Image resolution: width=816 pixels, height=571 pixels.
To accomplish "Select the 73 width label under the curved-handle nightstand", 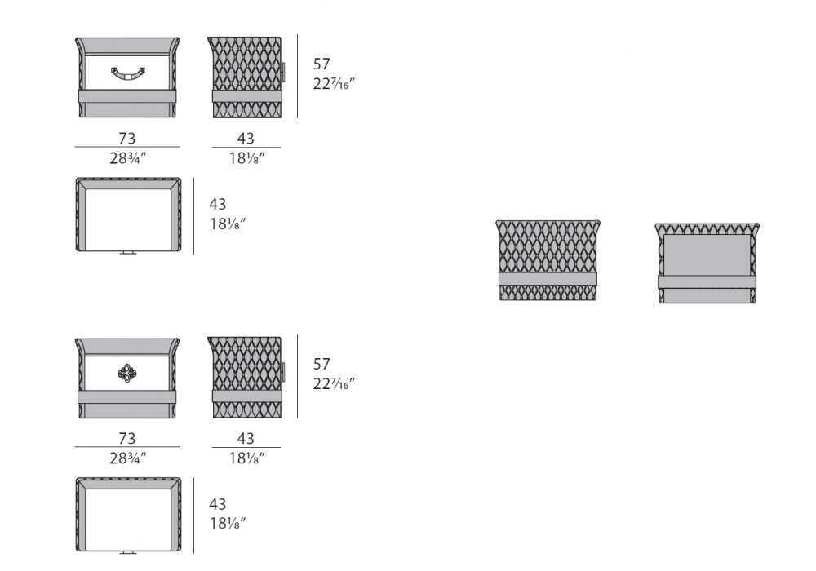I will pyautogui.click(x=126, y=139).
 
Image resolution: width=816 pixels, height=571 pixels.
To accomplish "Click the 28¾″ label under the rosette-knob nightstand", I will pyautogui.click(x=126, y=458).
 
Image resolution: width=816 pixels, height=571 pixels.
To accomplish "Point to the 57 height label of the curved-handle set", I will pyautogui.click(x=322, y=64).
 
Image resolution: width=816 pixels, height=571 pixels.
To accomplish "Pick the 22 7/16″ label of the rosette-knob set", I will pyautogui.click(x=334, y=383).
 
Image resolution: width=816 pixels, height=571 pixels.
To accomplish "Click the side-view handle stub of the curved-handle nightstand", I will pyautogui.click(x=284, y=73).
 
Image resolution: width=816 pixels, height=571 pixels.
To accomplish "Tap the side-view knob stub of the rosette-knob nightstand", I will pyautogui.click(x=285, y=373).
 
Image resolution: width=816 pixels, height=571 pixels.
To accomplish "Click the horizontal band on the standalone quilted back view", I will pyautogui.click(x=548, y=279).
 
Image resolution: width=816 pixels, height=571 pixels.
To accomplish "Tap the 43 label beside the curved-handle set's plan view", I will pyautogui.click(x=217, y=204).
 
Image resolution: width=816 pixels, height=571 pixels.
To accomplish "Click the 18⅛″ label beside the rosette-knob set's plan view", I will pyautogui.click(x=227, y=523).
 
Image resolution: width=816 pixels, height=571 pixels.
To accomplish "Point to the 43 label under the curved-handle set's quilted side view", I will pyautogui.click(x=246, y=139).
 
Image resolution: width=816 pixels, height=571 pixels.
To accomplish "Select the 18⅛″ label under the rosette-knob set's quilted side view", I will pyautogui.click(x=246, y=458).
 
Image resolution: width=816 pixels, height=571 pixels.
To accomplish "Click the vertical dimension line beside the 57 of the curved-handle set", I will pyautogui.click(x=297, y=76).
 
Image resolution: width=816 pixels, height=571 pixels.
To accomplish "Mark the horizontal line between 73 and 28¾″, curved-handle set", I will pyautogui.click(x=126, y=148).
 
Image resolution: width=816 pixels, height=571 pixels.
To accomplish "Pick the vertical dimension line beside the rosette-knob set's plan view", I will pyautogui.click(x=193, y=516).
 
